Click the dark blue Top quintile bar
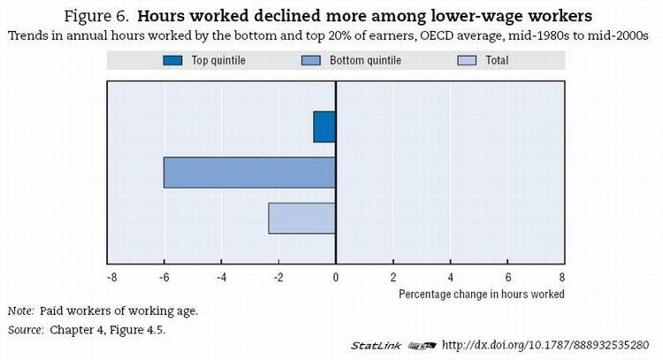[324, 126]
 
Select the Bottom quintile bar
[249, 172]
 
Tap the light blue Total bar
[301, 218]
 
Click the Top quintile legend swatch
[172, 61]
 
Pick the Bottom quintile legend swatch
[310, 61]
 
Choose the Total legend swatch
[468, 61]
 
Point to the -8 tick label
[110, 278]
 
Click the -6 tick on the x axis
[165, 278]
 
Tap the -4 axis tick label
[222, 278]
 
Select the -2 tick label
[278, 278]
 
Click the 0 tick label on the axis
[336, 278]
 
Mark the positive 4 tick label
[449, 278]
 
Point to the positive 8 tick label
[562, 278]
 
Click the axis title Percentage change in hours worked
[481, 294]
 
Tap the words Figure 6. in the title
[97, 17]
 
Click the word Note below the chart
[19, 311]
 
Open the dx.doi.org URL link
[545, 345]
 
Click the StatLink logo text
[377, 345]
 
